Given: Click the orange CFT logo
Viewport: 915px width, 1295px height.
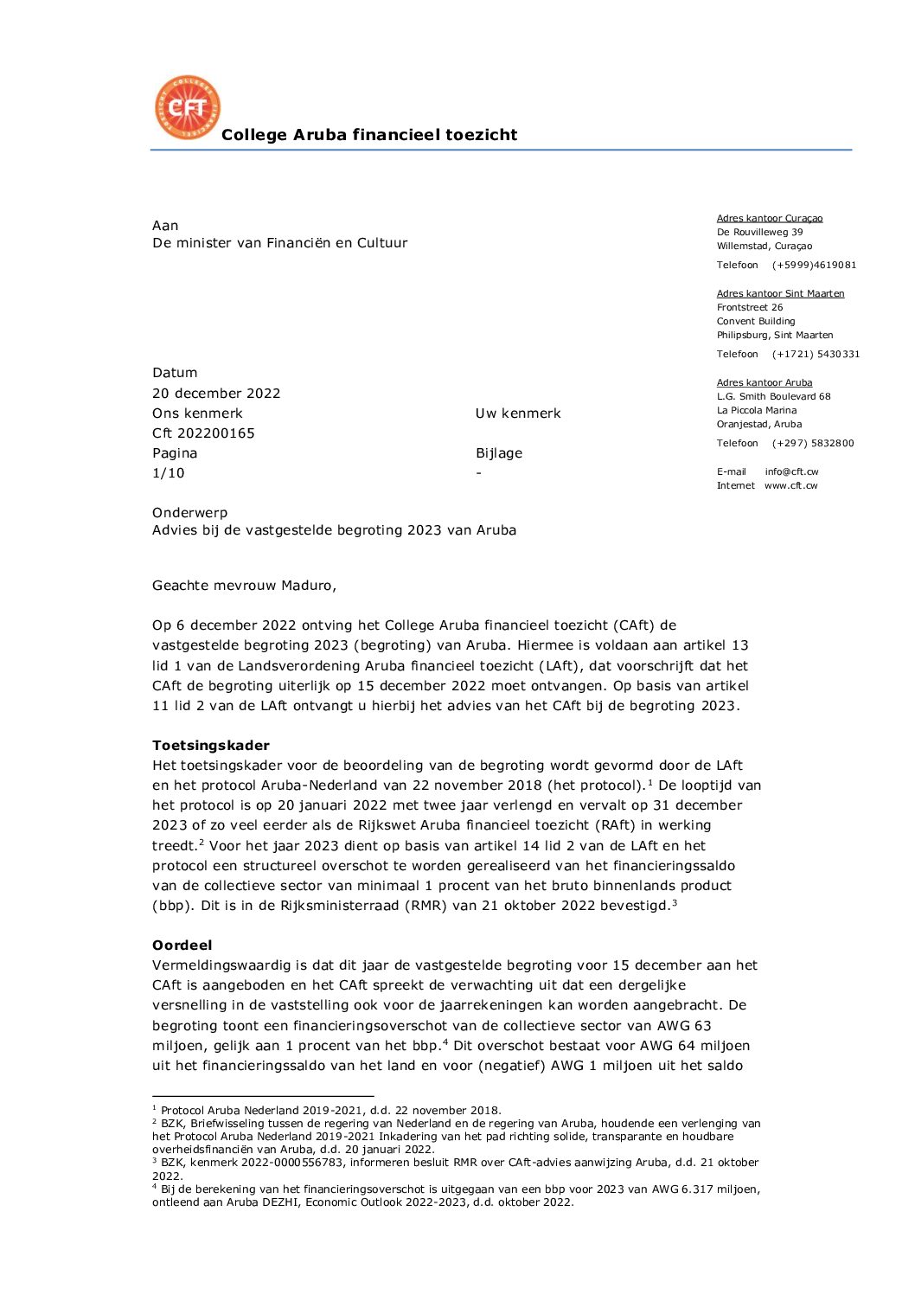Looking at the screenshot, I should coord(187,107).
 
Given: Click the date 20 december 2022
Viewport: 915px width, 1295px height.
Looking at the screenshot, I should coord(216,394).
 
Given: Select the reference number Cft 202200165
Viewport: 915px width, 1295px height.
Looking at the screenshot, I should coord(203,433).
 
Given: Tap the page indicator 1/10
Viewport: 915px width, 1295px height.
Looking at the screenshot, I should coord(169,473).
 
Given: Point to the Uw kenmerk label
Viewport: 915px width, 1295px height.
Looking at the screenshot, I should coord(518,414).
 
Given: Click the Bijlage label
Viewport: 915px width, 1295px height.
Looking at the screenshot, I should coord(499,453).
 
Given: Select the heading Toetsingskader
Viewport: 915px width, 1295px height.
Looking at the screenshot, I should coord(211,746).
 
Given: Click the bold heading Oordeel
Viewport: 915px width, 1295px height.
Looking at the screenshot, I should coord(182,946).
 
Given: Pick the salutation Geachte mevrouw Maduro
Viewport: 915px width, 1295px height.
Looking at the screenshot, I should coord(244,586).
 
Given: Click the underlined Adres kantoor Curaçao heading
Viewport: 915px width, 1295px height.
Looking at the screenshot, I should coord(770,219).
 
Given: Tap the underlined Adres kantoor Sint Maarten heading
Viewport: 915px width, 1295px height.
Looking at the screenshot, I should coord(780,294).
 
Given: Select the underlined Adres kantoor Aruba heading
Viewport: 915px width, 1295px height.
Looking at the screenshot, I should coord(765,383).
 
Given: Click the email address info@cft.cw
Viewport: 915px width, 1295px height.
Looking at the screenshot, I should coord(791,472).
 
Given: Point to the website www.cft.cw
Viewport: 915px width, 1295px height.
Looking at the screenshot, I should coord(790,486).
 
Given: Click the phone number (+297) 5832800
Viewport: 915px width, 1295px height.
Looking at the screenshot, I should coord(813,444).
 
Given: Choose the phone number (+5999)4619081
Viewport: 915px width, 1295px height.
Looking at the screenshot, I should coord(814,266).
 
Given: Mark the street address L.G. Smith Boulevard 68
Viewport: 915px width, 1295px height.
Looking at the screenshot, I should coord(773,397).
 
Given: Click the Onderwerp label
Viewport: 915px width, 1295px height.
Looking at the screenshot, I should coord(190,513).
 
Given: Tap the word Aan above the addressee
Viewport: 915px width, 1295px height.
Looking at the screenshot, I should coord(165,226).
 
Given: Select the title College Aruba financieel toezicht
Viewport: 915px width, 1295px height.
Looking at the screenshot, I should coord(369,135).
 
